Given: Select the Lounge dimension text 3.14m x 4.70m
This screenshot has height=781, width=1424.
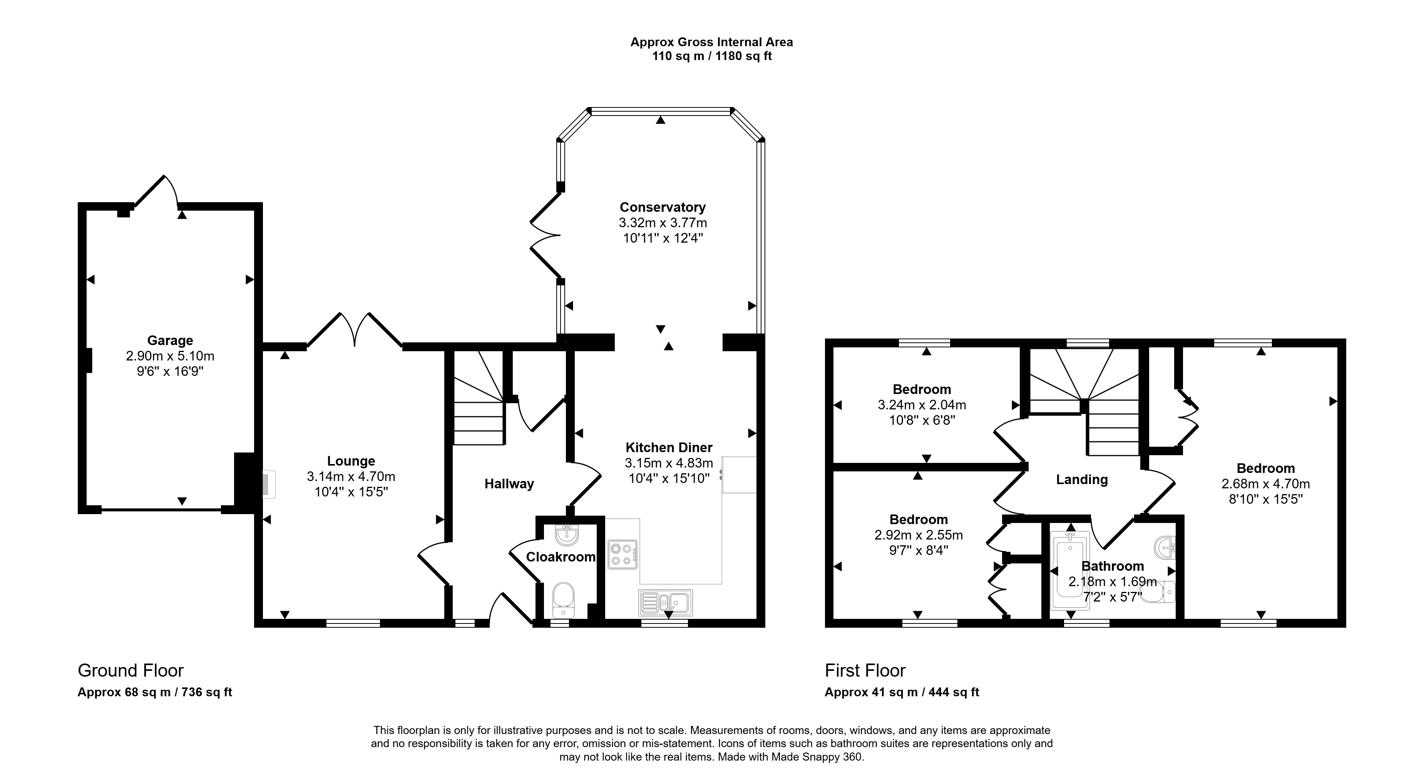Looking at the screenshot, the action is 351,476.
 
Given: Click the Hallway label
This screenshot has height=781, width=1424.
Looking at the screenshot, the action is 509,484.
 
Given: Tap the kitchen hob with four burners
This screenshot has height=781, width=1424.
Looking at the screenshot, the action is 622,554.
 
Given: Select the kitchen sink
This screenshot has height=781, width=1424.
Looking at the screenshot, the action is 666,603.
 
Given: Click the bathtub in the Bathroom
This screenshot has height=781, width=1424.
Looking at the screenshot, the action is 1070,571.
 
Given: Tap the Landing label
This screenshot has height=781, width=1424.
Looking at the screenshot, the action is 1082,479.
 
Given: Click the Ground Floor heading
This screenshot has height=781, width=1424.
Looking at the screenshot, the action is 131,670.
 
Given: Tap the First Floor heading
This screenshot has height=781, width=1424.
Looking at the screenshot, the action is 865,670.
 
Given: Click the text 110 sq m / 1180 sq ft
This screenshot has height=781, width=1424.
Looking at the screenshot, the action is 712,56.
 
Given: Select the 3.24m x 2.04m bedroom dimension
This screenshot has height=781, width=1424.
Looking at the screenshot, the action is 922,405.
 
